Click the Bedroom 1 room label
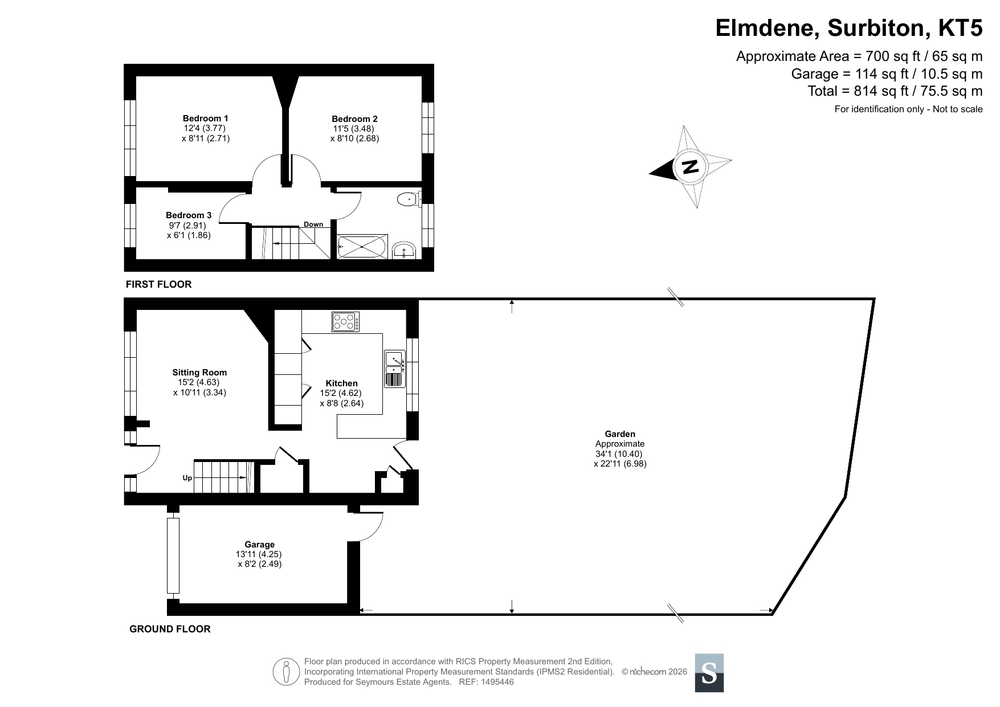[206, 118]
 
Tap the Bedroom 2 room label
[354, 119]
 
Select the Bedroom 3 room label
[189, 215]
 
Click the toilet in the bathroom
[409, 199]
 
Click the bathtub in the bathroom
[362, 247]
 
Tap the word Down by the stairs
[313, 224]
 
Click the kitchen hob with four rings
[345, 322]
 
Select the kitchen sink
[394, 369]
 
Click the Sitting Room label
[199, 373]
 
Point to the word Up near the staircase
[187, 478]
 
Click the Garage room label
[259, 545]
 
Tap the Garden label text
[620, 434]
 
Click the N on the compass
[690, 166]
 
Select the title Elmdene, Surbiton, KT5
[849, 28]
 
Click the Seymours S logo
[709, 673]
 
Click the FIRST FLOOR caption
[158, 284]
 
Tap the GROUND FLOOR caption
[170, 629]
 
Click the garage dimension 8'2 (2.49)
[260, 564]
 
